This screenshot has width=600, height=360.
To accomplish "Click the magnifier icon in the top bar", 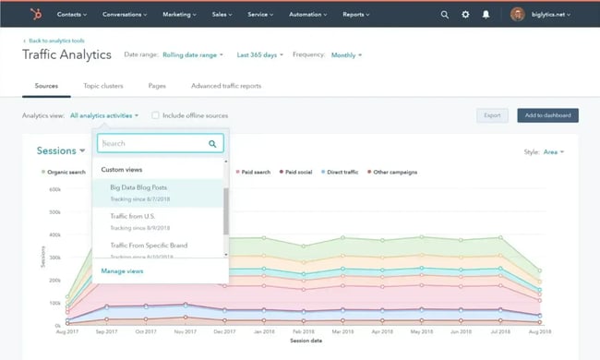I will coord(445,15).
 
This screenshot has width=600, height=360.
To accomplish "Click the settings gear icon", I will coord(465,15).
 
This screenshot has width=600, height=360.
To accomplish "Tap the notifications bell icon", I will coord(486,15).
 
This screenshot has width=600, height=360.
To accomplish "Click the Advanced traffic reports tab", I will coord(226,86).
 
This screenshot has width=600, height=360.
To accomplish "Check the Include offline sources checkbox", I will coord(155,115).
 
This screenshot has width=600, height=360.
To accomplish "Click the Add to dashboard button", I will coord(547,115).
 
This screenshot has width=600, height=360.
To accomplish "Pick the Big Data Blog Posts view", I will coord(138,187).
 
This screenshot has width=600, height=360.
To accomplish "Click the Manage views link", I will coord(122,271).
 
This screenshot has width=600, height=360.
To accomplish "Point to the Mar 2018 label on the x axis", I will coord(342,330).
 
